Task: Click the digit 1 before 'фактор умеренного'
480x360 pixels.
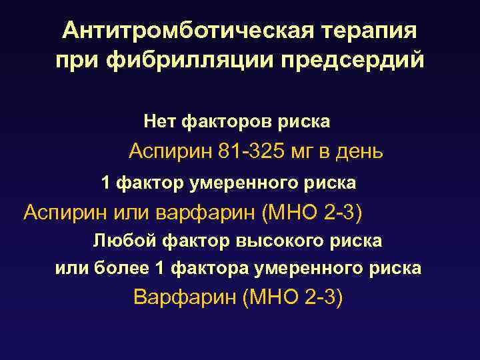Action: pyautogui.click(x=105, y=182)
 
